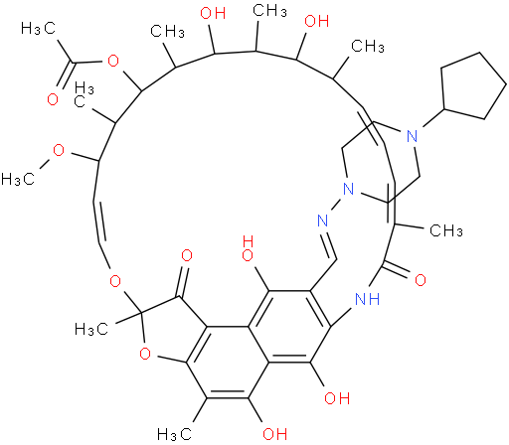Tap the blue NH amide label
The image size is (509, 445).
367,299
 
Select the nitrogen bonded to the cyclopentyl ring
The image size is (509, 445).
412,136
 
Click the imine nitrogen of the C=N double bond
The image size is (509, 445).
322,221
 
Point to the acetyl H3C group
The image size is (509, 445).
38,28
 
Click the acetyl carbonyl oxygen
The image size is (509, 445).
53,99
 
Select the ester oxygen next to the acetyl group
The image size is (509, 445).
113,61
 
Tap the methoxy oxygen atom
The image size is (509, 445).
59,151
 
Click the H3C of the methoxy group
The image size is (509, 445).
18,179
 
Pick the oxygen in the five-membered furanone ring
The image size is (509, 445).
145,354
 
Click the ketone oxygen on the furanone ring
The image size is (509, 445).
187,255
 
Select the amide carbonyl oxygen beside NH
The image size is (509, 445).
421,280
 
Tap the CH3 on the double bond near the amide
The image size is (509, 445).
446,230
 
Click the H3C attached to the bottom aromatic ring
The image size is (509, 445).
175,434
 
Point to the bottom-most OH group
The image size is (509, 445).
274,433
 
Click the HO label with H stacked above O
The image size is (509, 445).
249,248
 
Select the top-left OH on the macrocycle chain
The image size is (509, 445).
213,13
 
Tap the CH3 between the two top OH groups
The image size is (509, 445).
269,11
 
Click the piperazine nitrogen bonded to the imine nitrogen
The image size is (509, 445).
348,189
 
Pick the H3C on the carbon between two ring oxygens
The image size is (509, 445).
91,329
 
